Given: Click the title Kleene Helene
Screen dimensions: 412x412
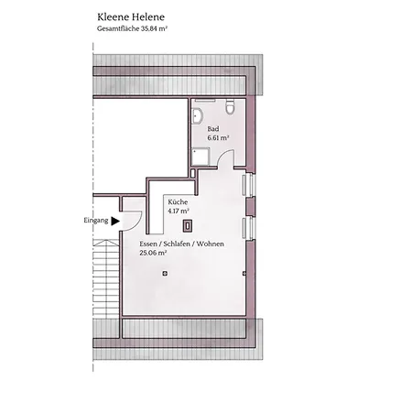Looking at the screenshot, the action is [131, 17].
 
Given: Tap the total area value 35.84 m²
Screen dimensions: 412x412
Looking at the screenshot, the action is [154, 28].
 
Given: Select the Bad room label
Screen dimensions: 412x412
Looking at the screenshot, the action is [213, 129].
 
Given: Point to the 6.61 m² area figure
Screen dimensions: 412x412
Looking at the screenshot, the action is [218, 138].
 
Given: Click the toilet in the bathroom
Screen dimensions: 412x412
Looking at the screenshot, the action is [230, 107].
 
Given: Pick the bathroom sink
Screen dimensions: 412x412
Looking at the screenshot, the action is [198, 116].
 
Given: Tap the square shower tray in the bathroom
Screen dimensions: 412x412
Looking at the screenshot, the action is [201, 157].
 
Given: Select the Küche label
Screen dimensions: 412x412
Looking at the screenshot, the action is [178, 202].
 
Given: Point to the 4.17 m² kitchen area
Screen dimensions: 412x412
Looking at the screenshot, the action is [179, 211].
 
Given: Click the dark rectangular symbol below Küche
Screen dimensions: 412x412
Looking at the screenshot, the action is [187, 226].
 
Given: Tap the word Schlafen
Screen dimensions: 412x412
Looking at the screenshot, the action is [177, 244].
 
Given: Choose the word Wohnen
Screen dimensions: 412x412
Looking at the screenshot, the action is [211, 244].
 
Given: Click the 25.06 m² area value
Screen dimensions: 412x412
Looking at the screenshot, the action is [153, 253].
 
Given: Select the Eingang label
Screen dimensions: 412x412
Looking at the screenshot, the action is [96, 221].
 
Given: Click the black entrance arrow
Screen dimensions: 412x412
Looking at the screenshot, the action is [115, 221].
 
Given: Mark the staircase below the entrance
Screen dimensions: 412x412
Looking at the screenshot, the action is [105, 277].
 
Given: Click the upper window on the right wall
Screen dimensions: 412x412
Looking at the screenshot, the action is [248, 185].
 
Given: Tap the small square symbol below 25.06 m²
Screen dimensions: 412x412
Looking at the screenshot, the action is [165, 274].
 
